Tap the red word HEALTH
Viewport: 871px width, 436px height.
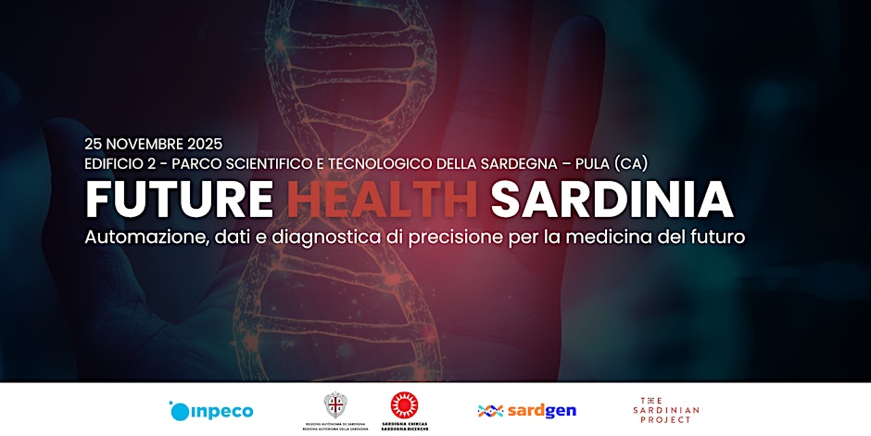[382, 199]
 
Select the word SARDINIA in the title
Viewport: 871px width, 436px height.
[612, 199]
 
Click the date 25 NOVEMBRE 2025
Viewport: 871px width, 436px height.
[153, 144]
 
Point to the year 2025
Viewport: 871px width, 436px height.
[203, 144]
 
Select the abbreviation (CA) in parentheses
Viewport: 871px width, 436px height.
[630, 163]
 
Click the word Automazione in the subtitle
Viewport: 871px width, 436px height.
[140, 237]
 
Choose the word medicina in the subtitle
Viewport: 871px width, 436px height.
[631, 237]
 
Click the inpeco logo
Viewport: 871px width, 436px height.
[211, 410]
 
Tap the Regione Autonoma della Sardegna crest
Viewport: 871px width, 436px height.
[335, 404]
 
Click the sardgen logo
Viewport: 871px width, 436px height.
[526, 410]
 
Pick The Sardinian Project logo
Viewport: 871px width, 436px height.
[664, 409]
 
